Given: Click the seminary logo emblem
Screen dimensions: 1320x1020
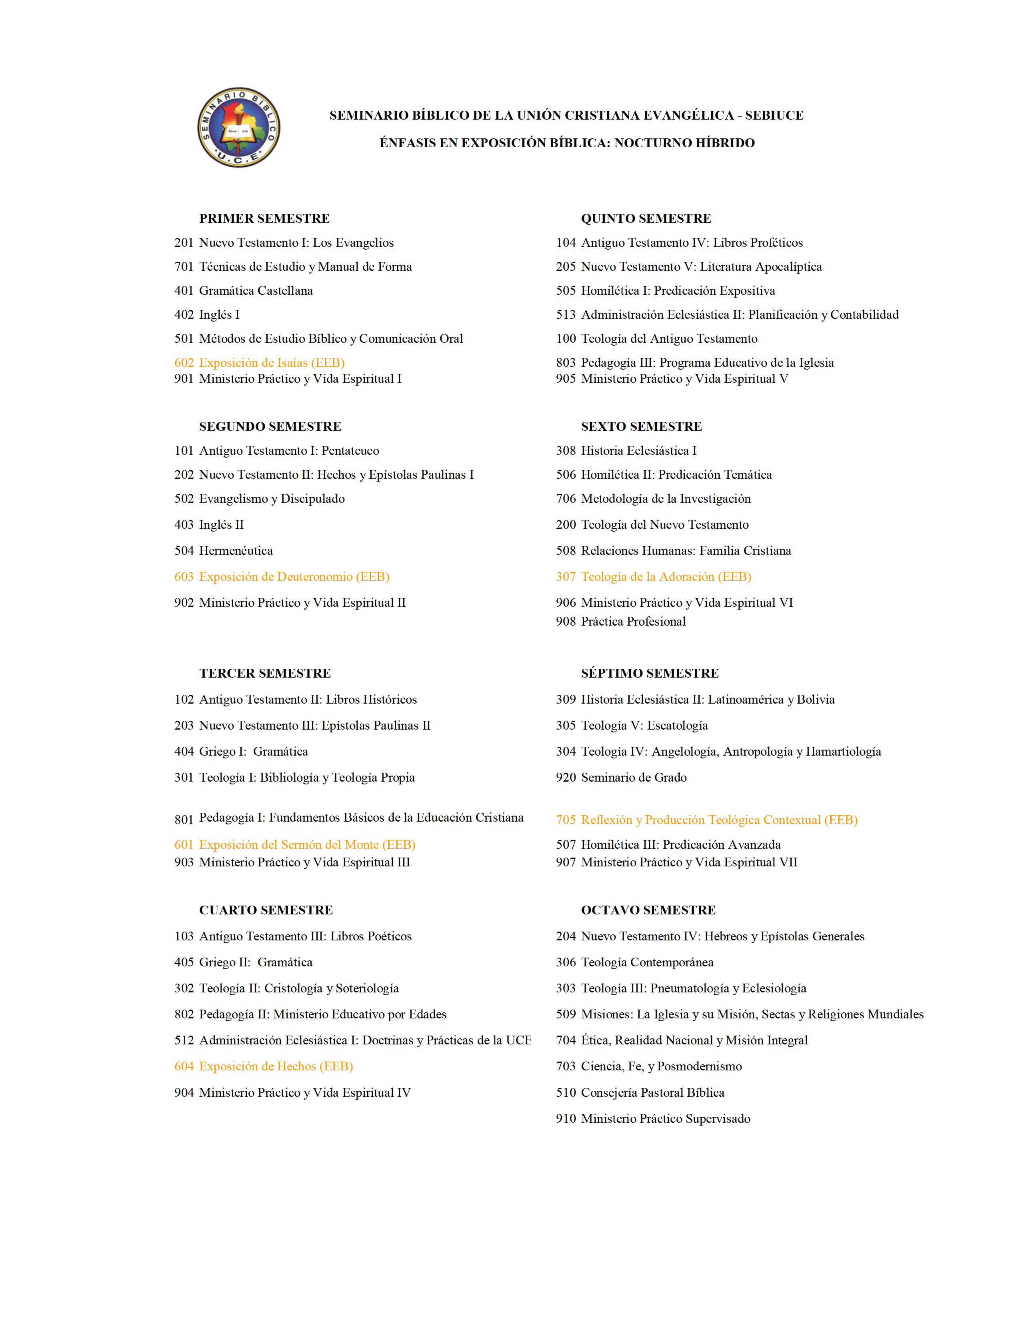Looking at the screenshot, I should [239, 128].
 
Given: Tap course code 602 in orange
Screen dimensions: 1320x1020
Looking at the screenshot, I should [184, 363].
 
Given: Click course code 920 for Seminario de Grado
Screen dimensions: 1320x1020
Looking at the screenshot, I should [566, 777].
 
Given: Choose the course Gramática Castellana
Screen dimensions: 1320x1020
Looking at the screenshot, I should [256, 291].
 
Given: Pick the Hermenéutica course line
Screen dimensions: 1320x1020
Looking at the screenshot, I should [236, 551].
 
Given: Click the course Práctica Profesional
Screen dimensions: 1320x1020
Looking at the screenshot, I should [633, 621].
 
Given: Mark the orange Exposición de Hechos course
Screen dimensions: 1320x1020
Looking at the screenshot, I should [276, 1066].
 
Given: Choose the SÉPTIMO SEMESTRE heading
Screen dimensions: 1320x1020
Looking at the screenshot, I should [650, 673].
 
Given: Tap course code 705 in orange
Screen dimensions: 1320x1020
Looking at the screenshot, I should [566, 820].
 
